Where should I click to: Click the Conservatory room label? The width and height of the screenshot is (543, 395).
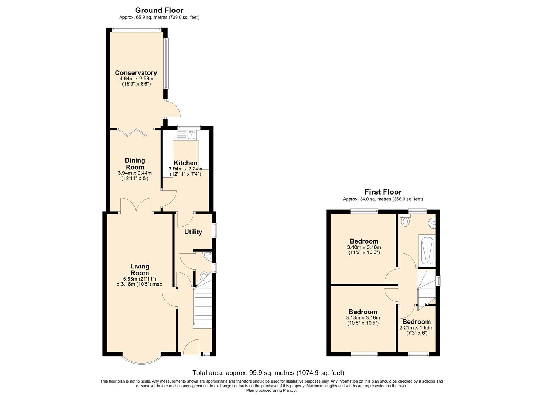pyautogui.click(x=136, y=73)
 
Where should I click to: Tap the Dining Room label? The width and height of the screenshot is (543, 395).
pyautogui.click(x=135, y=164)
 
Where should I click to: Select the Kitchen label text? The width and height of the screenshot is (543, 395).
pyautogui.click(x=186, y=163)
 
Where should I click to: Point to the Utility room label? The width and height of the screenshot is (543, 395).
pyautogui.click(x=193, y=232)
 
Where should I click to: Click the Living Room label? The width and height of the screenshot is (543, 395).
pyautogui.click(x=140, y=270)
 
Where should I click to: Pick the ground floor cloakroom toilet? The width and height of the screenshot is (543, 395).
pyautogui.click(x=204, y=276)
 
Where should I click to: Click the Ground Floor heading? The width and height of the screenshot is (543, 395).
pyautogui.click(x=159, y=10)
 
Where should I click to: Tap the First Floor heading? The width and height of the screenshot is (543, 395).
pyautogui.click(x=383, y=192)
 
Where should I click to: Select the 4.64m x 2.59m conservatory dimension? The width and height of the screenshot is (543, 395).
pyautogui.click(x=136, y=79)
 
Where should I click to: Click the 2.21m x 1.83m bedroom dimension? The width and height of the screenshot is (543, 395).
pyautogui.click(x=416, y=327)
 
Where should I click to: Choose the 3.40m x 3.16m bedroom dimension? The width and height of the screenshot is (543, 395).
pyautogui.click(x=364, y=247)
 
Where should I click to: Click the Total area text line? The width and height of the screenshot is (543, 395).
pyautogui.click(x=268, y=373)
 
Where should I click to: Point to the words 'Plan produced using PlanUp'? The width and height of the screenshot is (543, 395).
pyautogui.click(x=271, y=390)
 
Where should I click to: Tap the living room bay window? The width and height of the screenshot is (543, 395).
pyautogui.click(x=141, y=363)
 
